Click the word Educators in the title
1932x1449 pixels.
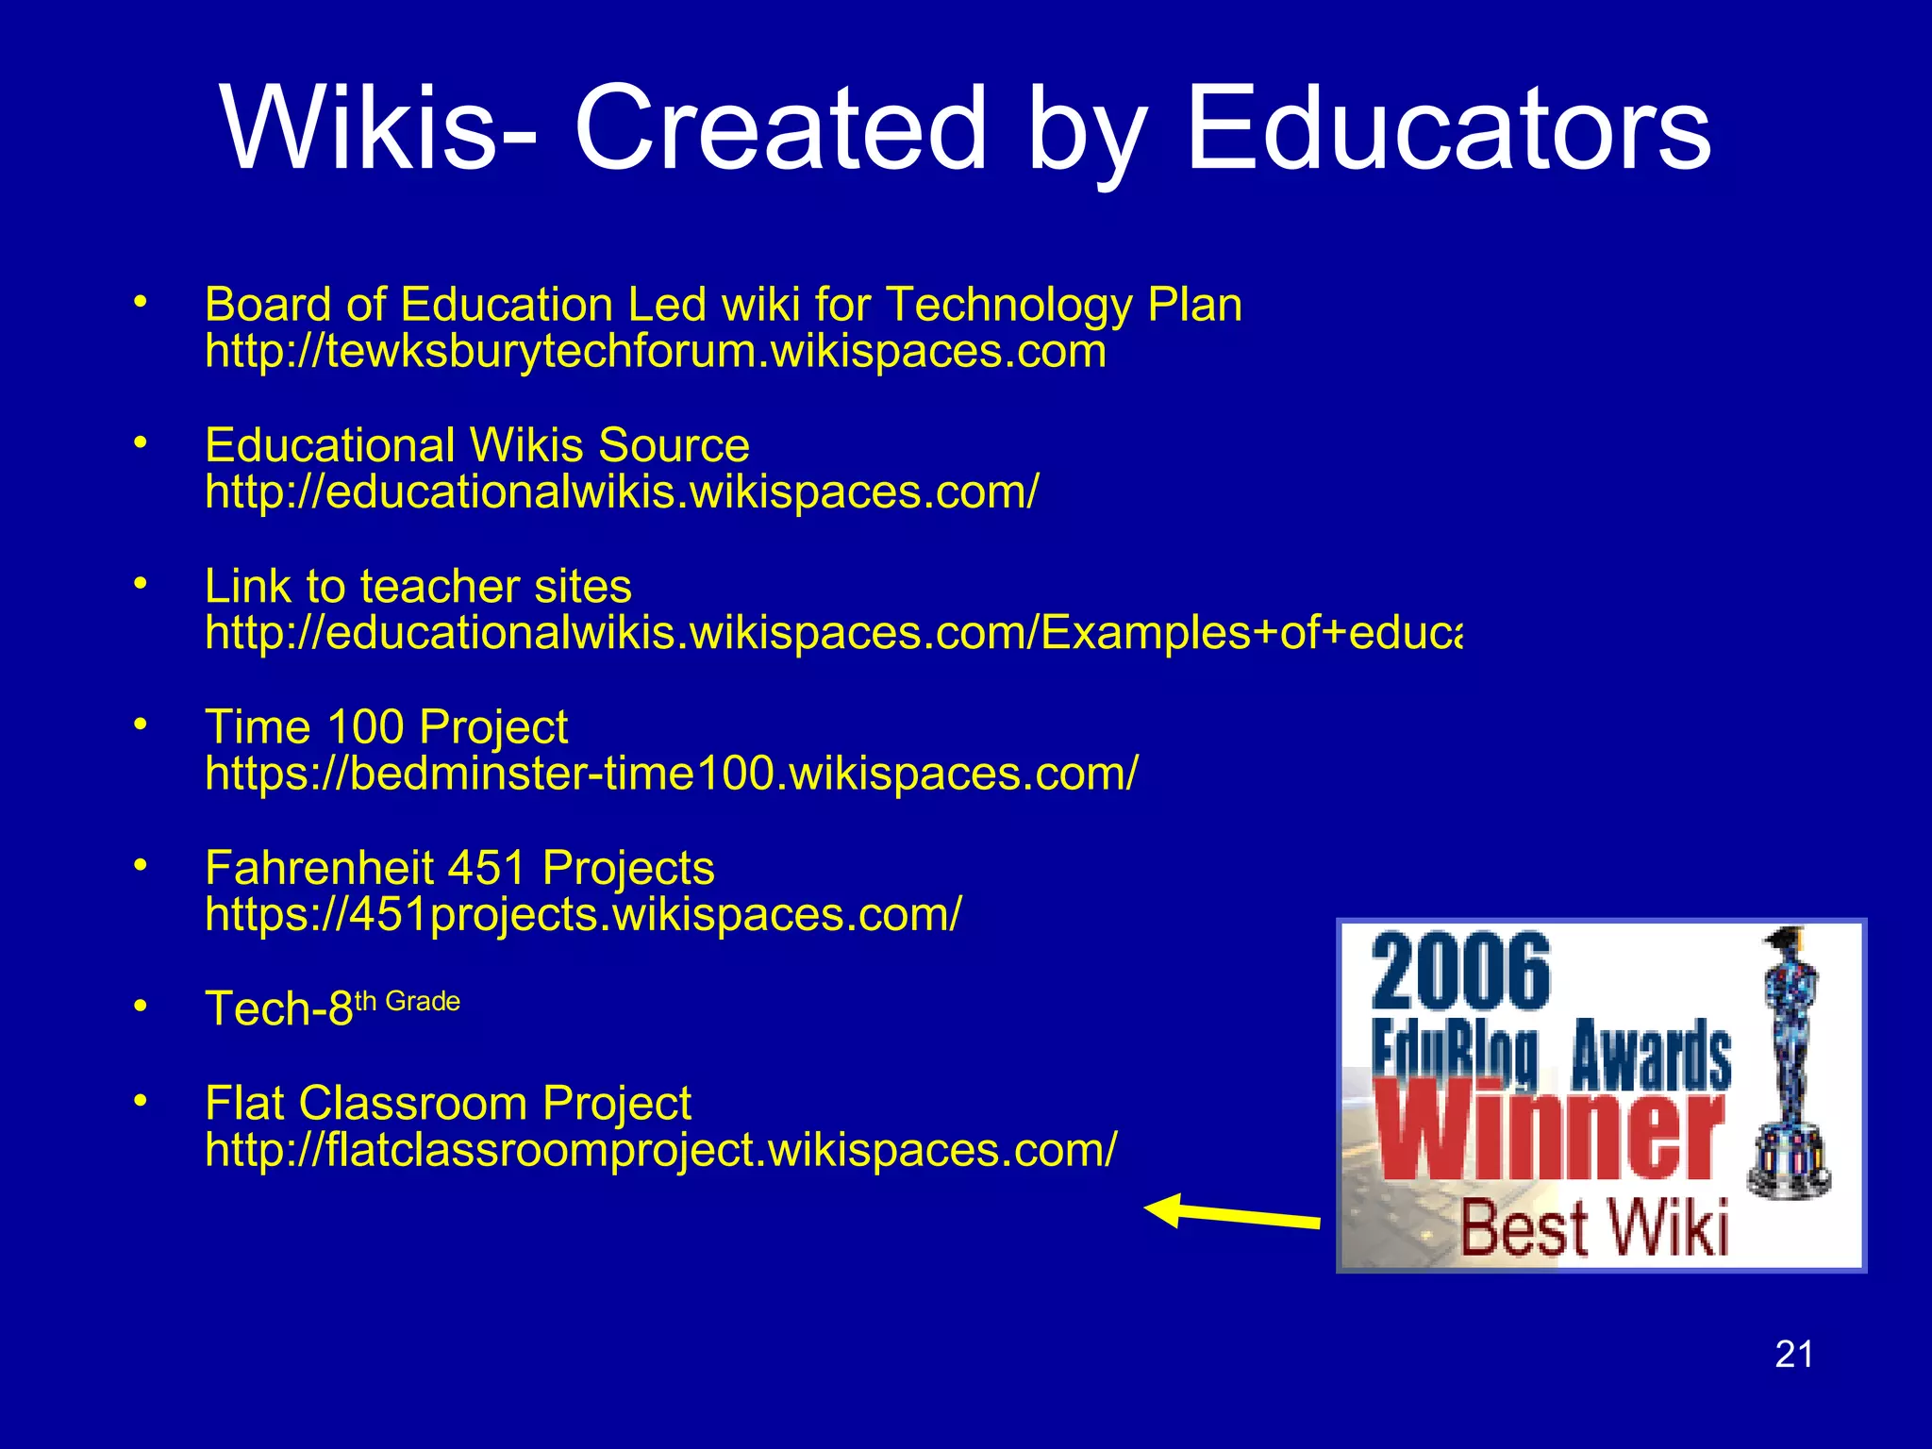[x=1447, y=128]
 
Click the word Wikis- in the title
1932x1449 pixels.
[x=378, y=128]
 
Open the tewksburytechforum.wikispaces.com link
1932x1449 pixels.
[x=655, y=351]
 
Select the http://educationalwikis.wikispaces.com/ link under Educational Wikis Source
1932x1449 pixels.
[x=622, y=491]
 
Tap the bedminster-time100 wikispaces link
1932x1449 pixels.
[x=671, y=774]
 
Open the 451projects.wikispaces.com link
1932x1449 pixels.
[x=583, y=914]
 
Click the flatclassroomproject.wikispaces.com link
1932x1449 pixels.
[x=660, y=1150]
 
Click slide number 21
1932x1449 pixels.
[x=1793, y=1354]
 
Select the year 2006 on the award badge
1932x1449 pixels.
[x=1459, y=972]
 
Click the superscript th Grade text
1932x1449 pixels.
[x=408, y=1001]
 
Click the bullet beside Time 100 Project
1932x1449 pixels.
[x=141, y=724]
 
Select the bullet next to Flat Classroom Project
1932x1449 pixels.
[x=141, y=1100]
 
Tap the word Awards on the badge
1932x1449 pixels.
[x=1650, y=1055]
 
